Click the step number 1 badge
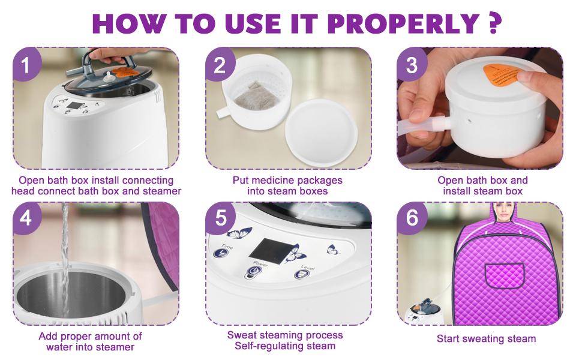pos(26,64)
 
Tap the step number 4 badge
pos(26,218)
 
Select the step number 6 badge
pos(411,218)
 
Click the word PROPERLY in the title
pos(403,23)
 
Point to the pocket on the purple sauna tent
pos(505,275)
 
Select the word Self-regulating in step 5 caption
pos(267,346)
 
